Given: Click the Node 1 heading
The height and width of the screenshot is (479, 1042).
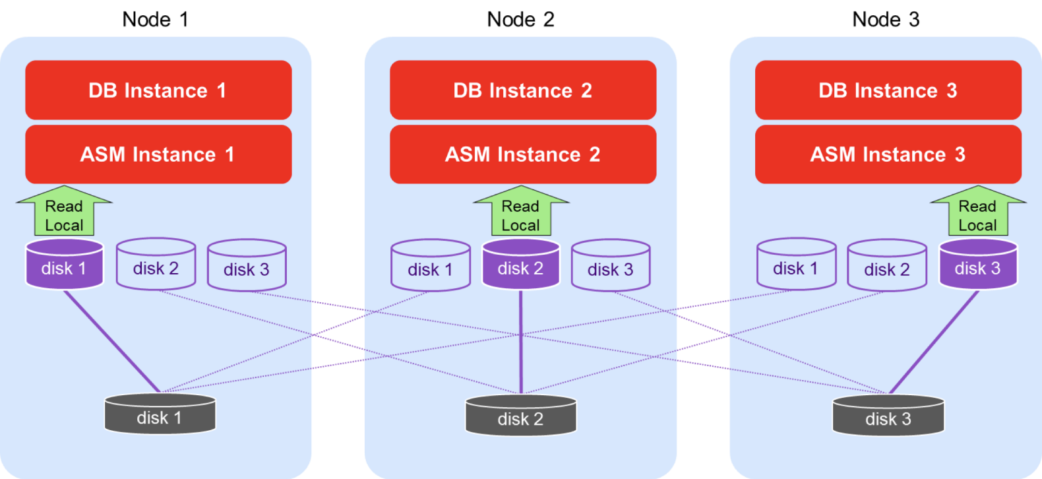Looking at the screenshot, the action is [x=156, y=20].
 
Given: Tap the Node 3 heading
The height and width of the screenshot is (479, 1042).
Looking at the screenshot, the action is [x=886, y=20].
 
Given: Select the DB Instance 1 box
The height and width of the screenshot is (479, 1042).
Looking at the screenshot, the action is [x=158, y=90].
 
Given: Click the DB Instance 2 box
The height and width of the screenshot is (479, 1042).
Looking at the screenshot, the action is [x=523, y=90].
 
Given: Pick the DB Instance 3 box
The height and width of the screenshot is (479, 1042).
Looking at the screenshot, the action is [x=888, y=90].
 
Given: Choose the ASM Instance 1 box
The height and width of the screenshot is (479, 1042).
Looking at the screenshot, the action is [x=158, y=154].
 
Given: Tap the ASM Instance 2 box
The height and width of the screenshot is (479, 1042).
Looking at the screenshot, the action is [x=523, y=154].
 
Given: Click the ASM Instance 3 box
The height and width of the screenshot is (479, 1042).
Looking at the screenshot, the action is [x=888, y=154].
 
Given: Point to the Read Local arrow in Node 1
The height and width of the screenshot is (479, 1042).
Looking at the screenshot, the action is [x=64, y=212].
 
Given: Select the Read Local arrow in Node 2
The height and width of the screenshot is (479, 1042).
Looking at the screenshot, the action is [x=521, y=212].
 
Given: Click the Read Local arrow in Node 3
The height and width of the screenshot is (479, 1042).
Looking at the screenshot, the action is [x=978, y=212].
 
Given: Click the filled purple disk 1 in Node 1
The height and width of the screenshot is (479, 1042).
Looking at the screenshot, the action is [x=64, y=264].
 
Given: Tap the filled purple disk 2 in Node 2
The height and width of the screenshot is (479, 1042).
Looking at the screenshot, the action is [x=521, y=264].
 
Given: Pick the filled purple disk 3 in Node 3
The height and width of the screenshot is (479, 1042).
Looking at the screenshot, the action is [x=978, y=264].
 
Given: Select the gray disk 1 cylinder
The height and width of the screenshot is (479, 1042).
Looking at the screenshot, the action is [x=160, y=414].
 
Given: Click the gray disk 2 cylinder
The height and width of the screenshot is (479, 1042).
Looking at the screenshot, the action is [x=521, y=415].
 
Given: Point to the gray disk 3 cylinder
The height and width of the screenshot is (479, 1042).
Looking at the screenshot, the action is [x=888, y=415].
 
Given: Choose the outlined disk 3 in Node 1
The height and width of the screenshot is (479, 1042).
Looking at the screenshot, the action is [x=247, y=265].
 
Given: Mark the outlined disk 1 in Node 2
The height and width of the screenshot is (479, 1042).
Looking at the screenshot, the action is [x=430, y=265].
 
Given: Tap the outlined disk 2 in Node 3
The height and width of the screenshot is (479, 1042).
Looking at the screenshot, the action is [x=887, y=265].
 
